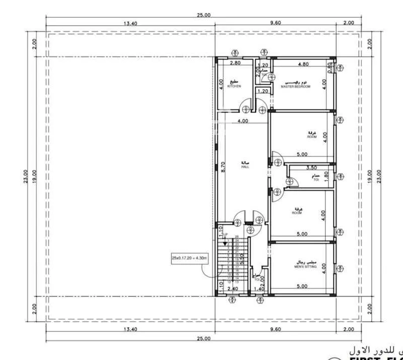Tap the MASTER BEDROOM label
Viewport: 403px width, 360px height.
click(296, 86)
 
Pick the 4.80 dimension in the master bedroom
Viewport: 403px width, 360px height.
click(303, 64)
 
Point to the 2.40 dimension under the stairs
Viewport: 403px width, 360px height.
click(232, 289)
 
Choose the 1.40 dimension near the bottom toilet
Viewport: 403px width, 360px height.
click(258, 289)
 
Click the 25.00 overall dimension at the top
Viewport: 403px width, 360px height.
click(204, 16)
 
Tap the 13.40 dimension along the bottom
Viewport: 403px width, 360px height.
click(130, 329)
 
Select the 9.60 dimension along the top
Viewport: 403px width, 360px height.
click(275, 23)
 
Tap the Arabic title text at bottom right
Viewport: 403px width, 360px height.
click(373, 349)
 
